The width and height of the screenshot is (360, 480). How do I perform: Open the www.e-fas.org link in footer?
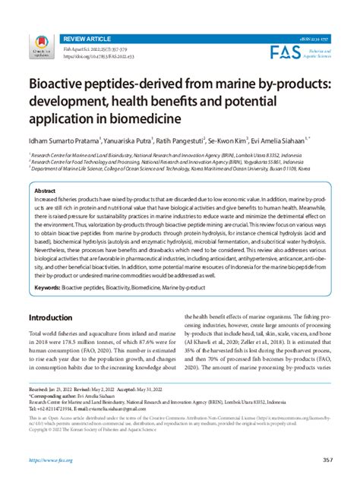(x=52, y=460)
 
